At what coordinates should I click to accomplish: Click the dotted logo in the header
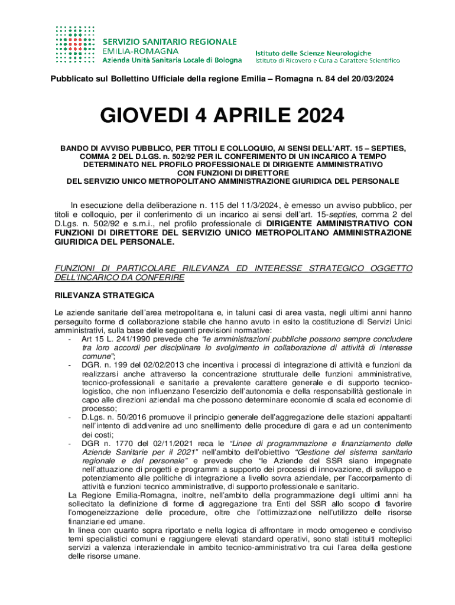coord(77,44)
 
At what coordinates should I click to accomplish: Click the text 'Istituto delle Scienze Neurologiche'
coord(313,53)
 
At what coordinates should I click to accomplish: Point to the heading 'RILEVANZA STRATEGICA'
coord(104,294)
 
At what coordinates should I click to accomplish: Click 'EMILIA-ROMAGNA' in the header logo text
coord(135,51)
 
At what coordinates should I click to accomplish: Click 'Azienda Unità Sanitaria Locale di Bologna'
coord(172,60)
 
